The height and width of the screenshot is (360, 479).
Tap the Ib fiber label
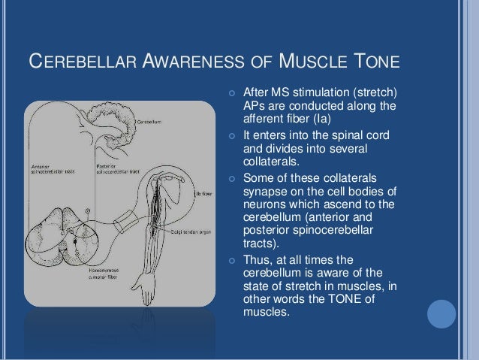pyautogui.click(x=204, y=193)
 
